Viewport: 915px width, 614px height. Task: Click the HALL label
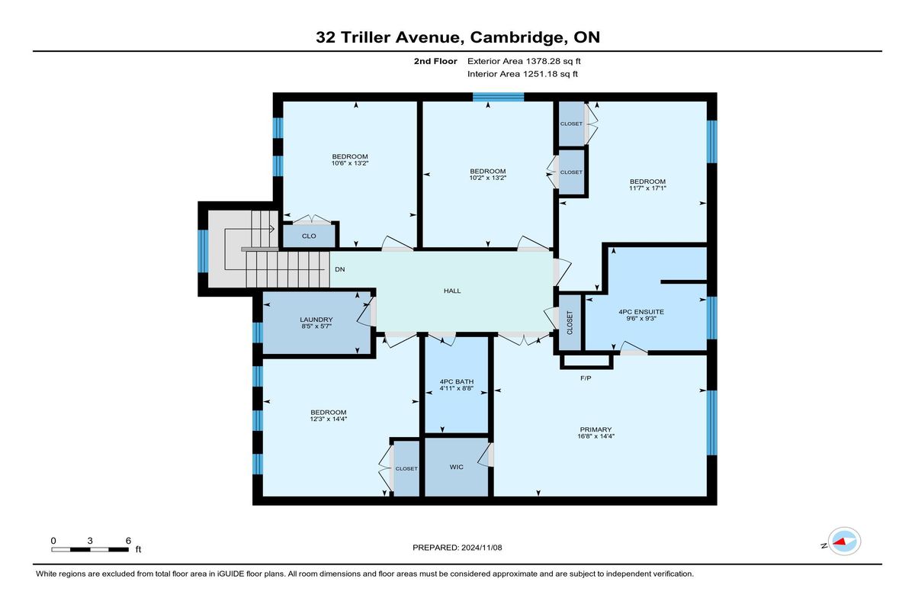452,291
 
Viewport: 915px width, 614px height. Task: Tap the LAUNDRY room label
316,320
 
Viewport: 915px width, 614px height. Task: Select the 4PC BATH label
456,381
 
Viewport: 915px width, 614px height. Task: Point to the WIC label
456,467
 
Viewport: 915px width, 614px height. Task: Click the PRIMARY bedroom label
596,429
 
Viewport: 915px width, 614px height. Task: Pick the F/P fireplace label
586,378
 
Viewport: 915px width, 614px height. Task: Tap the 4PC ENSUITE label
641,312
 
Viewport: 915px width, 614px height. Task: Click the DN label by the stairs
340,269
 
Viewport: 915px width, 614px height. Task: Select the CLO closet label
309,236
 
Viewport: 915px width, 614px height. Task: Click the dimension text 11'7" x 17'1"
647,188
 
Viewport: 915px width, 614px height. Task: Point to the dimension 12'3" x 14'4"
329,420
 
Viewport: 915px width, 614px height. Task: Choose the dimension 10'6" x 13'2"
350,163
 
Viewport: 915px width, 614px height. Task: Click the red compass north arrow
839,542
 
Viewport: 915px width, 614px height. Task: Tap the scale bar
90,549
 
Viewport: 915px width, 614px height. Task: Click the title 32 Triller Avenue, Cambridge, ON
457,37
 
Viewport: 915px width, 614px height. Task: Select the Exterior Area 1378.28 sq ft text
524,61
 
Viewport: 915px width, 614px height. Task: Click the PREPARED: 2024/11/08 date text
457,548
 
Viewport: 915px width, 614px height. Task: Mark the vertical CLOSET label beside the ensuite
570,323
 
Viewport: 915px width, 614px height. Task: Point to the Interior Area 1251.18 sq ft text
522,74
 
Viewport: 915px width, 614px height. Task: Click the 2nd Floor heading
435,61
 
